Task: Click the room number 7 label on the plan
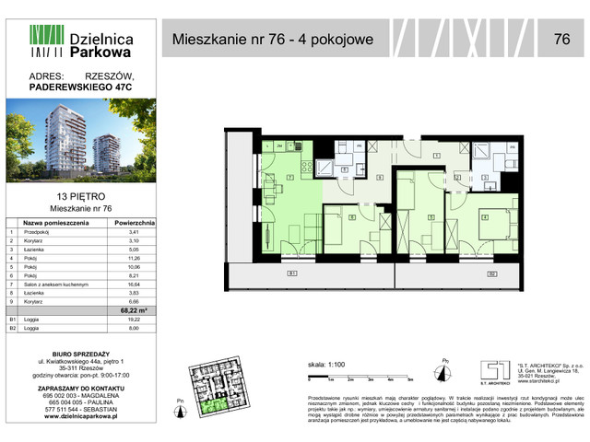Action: coord(290,176)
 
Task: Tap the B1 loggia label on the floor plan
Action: coord(291,273)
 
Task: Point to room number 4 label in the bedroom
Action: coord(484,217)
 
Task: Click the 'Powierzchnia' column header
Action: coord(136,223)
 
